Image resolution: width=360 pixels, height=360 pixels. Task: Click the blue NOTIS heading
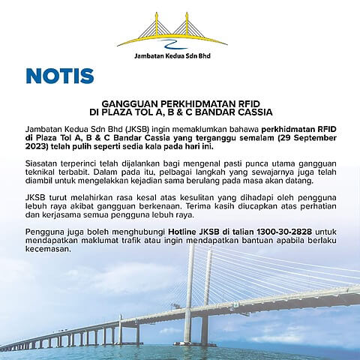(59, 76)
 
